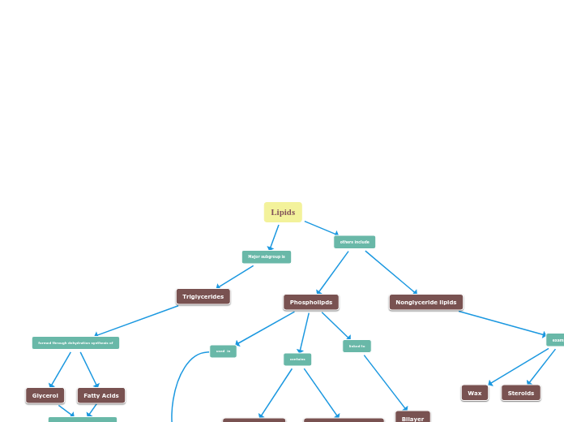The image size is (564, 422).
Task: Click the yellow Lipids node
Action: click(x=283, y=213)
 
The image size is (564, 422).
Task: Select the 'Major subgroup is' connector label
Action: click(x=266, y=256)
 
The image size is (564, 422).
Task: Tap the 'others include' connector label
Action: click(x=354, y=242)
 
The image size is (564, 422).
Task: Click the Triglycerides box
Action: click(x=203, y=297)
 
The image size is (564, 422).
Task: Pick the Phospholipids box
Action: click(x=310, y=303)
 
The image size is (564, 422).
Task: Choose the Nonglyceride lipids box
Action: click(x=425, y=303)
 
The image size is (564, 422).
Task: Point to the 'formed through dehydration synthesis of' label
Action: click(x=75, y=343)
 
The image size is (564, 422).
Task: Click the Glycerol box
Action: click(x=45, y=396)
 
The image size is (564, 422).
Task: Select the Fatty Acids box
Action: click(x=101, y=396)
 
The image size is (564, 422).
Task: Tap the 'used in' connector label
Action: click(x=223, y=351)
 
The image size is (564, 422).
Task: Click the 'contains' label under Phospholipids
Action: click(x=297, y=360)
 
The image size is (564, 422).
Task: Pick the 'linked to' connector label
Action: click(x=357, y=347)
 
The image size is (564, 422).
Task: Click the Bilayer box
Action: click(x=412, y=418)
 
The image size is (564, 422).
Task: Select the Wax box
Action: click(x=475, y=393)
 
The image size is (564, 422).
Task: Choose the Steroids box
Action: click(x=520, y=393)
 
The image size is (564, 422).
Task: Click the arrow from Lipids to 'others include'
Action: click(x=321, y=228)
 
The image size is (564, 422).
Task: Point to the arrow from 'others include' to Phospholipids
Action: click(x=333, y=272)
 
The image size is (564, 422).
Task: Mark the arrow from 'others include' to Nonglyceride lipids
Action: click(x=391, y=272)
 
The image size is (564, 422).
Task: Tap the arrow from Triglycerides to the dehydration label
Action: click(x=136, y=321)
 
